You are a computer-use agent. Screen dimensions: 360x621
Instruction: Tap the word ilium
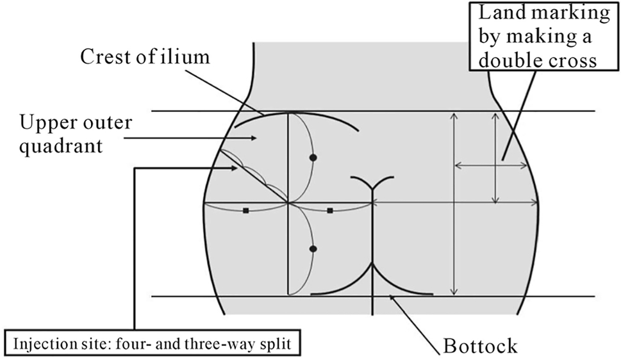189,57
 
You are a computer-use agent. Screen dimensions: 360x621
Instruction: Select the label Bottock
480,347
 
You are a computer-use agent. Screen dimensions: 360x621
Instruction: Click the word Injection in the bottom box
38,343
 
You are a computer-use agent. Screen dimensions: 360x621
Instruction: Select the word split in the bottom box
275,343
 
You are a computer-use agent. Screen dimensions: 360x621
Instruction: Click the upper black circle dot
313,157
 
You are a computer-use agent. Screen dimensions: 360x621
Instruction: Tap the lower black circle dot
313,249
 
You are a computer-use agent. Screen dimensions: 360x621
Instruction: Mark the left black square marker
245,210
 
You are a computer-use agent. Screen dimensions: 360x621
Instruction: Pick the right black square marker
329,210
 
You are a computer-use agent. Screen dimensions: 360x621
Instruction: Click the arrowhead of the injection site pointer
237,168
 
